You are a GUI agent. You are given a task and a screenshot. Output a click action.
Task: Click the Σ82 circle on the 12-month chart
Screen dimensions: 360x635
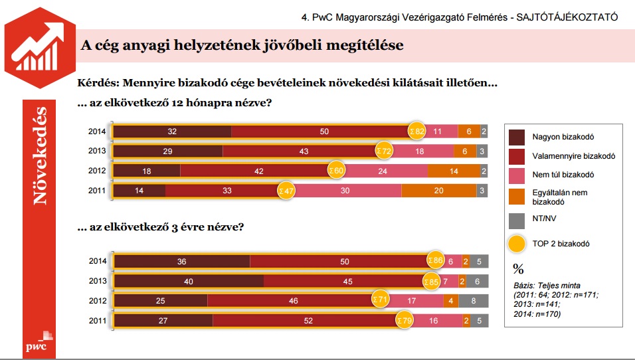(416, 132)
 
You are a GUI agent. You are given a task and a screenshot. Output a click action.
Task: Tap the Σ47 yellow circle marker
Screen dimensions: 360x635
(286, 191)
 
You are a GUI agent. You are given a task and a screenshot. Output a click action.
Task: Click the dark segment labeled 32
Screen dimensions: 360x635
(172, 132)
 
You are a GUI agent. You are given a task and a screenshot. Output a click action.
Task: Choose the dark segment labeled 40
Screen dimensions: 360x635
(189, 282)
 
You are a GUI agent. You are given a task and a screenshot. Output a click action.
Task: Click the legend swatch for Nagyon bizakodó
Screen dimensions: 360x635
(517, 137)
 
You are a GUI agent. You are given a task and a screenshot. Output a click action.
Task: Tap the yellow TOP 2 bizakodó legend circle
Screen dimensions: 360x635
(517, 244)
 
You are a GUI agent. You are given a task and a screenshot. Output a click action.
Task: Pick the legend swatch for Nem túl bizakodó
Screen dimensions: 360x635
(517, 175)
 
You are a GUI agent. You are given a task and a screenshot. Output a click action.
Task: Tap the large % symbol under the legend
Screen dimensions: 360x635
(519, 269)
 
